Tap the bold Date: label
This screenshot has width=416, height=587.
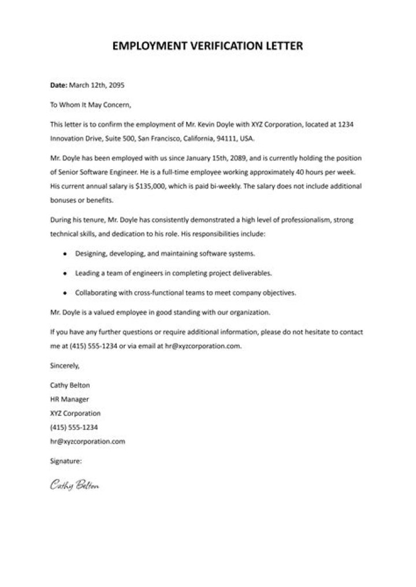tap(58, 85)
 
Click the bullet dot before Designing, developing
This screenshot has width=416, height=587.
tap(65, 254)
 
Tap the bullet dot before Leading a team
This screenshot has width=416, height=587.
tap(65, 273)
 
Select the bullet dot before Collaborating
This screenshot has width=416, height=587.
tap(65, 292)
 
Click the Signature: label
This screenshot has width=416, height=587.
tap(66, 461)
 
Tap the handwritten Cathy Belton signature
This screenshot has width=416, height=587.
tap(75, 484)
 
